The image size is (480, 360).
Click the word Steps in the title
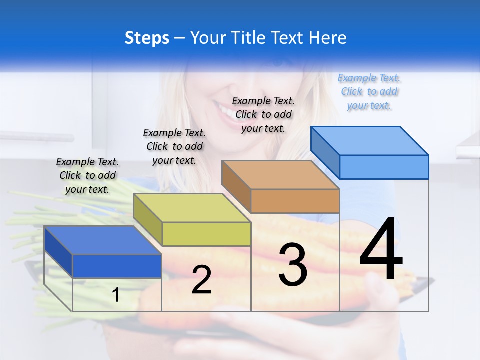tap(147, 38)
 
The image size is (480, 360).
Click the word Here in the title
tap(328, 38)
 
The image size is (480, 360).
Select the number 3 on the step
tap(293, 265)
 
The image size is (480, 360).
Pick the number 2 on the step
tap(201, 280)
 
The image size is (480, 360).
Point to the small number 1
tap(116, 295)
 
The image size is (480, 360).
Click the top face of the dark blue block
tap(102, 240)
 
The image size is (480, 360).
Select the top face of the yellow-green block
tap(192, 208)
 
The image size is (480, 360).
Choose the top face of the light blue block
tap(369, 141)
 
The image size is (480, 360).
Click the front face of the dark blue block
tap(117, 266)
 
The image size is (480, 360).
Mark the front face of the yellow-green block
tap(206, 234)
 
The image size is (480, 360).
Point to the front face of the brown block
tap(295, 201)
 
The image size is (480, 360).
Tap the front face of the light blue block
tap(384, 167)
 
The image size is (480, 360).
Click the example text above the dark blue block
tap(87, 175)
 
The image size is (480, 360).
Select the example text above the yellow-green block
tap(174, 146)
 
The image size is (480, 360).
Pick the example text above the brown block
tap(263, 114)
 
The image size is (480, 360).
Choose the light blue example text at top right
tap(369, 91)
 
